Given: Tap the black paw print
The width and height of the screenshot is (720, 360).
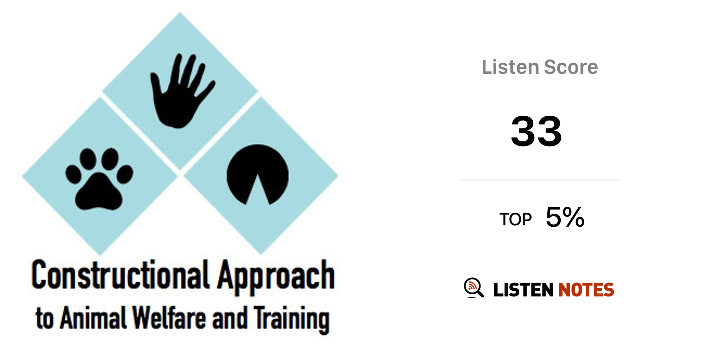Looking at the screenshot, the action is tap(99, 179).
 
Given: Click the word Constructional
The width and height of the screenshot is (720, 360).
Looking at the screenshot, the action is tap(120, 275).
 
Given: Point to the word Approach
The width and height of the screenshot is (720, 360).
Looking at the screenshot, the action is tap(276, 278).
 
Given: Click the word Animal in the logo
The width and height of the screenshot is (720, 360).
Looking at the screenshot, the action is tap(93, 318).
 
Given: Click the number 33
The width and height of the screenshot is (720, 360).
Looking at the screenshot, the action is tap(536, 131).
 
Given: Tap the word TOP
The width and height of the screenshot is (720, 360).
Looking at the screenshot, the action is tap(515, 220).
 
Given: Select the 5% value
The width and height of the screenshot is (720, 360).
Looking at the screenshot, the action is tap(565, 217).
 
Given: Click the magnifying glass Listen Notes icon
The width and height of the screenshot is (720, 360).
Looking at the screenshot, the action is tap(474, 288).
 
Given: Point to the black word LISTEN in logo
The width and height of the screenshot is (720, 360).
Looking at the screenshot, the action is tap(523, 290).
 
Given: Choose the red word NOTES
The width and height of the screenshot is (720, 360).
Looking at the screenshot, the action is tap(586, 290).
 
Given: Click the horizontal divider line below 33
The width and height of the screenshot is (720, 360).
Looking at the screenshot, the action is tap(540, 180).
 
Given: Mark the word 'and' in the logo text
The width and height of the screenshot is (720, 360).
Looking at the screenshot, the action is tap(230, 318).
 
